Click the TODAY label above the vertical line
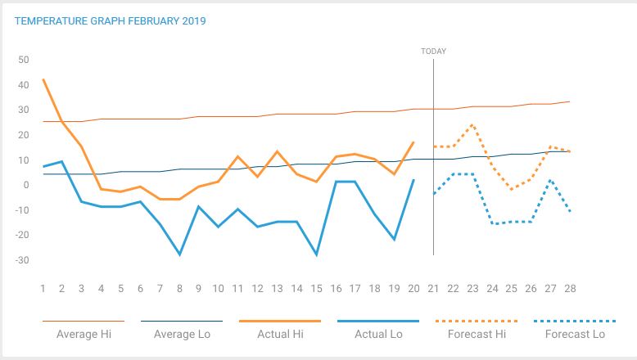(433, 51)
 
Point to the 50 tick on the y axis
(24, 60)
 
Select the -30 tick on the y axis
(21, 261)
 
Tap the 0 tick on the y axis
(26, 186)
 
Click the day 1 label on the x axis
(43, 289)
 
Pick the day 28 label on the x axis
(569, 289)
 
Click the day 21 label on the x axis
(433, 289)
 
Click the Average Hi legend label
(83, 334)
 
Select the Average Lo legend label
(181, 334)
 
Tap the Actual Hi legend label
(279, 334)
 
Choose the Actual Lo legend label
(377, 334)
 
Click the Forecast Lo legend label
(575, 334)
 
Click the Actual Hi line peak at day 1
(43, 79)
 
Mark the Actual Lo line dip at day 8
(179, 254)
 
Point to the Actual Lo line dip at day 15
(316, 254)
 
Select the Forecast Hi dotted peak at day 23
(472, 125)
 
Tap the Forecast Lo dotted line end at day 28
(569, 212)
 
